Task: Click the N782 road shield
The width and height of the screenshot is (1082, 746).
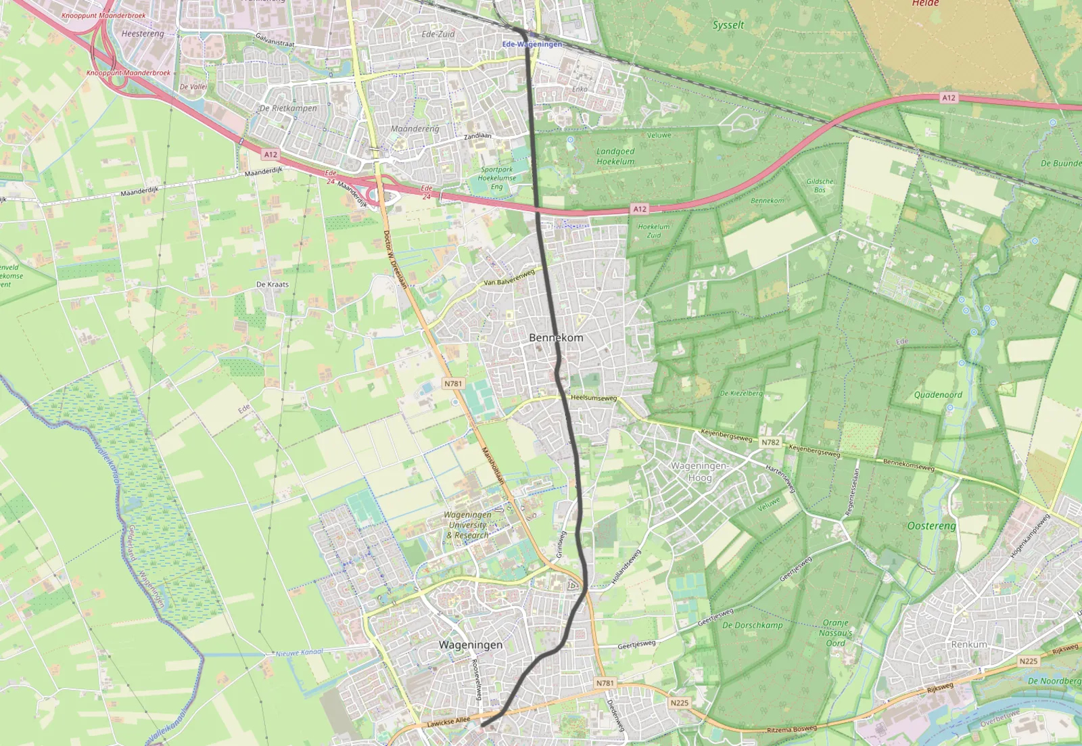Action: point(770,442)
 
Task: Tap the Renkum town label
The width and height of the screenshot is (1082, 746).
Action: point(969,645)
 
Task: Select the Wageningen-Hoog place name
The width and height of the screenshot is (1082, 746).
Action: point(699,471)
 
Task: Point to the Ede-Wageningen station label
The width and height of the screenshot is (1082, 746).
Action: point(532,44)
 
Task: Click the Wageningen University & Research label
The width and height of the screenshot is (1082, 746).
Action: point(468,525)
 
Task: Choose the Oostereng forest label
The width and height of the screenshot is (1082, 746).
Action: point(931,526)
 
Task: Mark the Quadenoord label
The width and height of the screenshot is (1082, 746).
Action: point(937,394)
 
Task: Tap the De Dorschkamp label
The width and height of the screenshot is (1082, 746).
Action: point(752,625)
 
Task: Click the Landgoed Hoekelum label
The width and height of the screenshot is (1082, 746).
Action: point(615,156)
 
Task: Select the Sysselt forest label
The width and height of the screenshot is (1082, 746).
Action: point(728,25)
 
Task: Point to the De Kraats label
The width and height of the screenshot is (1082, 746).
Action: point(273,284)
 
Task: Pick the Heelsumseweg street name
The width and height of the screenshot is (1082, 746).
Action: point(594,398)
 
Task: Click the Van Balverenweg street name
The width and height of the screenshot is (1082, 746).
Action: point(509,277)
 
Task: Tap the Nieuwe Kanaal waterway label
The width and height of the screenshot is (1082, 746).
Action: point(299,653)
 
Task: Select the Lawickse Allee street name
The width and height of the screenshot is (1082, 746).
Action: point(448,722)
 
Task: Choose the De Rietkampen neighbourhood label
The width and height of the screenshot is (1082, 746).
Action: point(288,108)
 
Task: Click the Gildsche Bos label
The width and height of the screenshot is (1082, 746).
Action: point(820,185)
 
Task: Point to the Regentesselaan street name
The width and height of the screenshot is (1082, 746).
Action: point(853,492)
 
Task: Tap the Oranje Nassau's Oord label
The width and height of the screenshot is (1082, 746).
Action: point(836,632)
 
